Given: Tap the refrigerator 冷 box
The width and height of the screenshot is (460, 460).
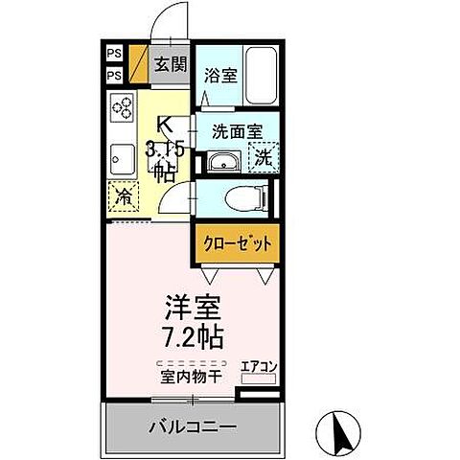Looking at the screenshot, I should (125, 195).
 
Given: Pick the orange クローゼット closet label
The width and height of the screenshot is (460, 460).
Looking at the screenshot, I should (237, 244).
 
